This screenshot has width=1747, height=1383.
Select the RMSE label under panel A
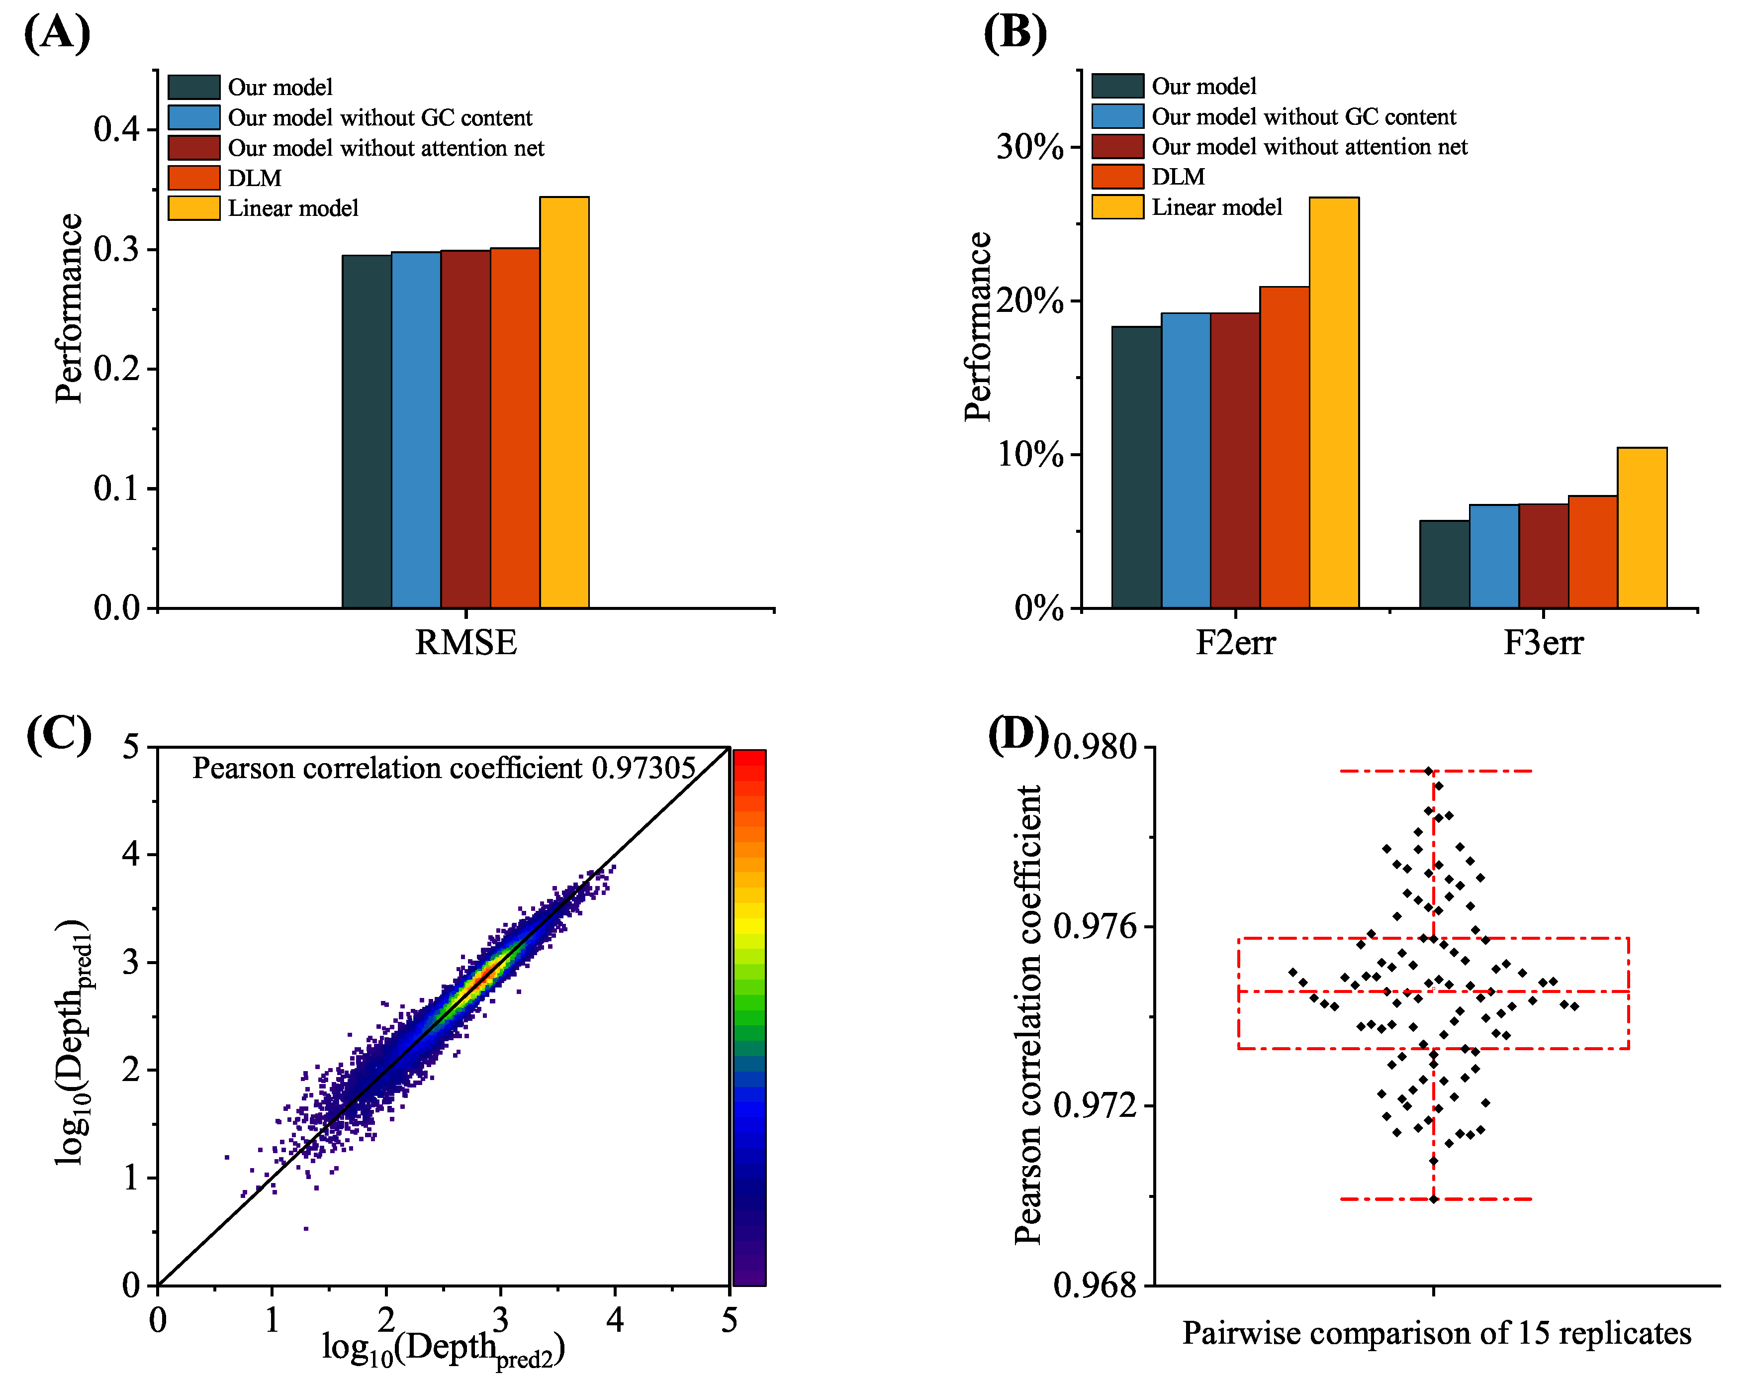(465, 643)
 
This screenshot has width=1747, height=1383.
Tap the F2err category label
(1235, 643)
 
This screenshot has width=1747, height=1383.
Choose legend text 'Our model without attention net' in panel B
(1309, 147)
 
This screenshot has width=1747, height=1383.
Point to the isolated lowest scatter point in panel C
(306, 1228)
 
